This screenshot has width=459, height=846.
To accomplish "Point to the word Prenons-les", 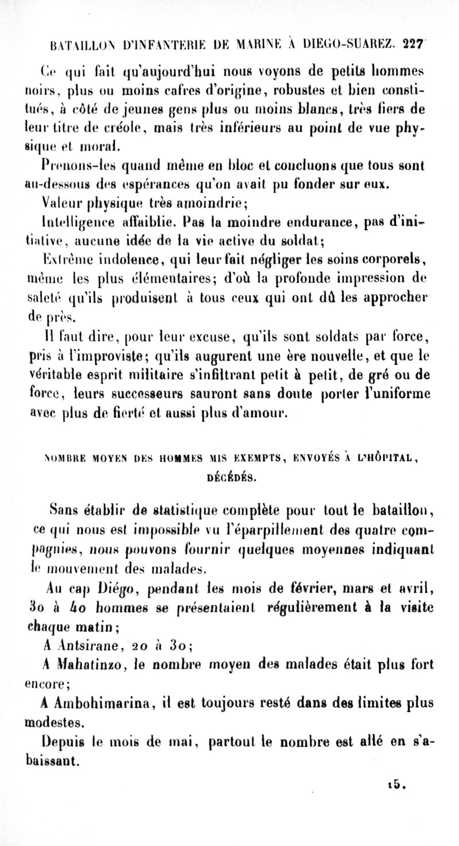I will point(81,166).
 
